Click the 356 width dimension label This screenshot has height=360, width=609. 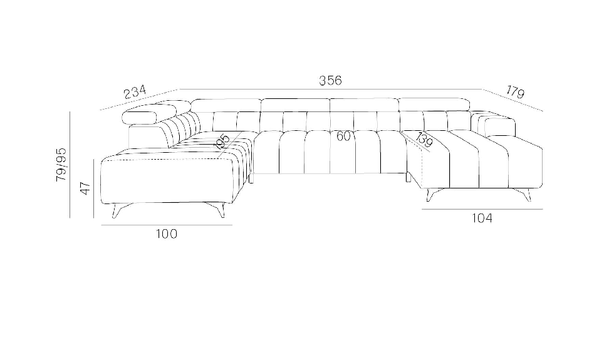(x=330, y=80)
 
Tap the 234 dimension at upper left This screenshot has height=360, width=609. (x=135, y=92)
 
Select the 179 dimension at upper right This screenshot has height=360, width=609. (x=515, y=92)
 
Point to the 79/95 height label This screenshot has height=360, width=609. (x=61, y=165)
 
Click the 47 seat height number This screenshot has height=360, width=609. (x=85, y=188)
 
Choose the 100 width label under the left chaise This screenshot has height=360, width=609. (x=167, y=234)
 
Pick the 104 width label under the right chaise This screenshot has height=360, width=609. (x=482, y=219)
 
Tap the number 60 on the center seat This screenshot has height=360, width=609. (x=343, y=136)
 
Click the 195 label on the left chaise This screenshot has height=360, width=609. (x=222, y=142)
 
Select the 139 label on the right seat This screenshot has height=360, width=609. (x=424, y=140)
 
